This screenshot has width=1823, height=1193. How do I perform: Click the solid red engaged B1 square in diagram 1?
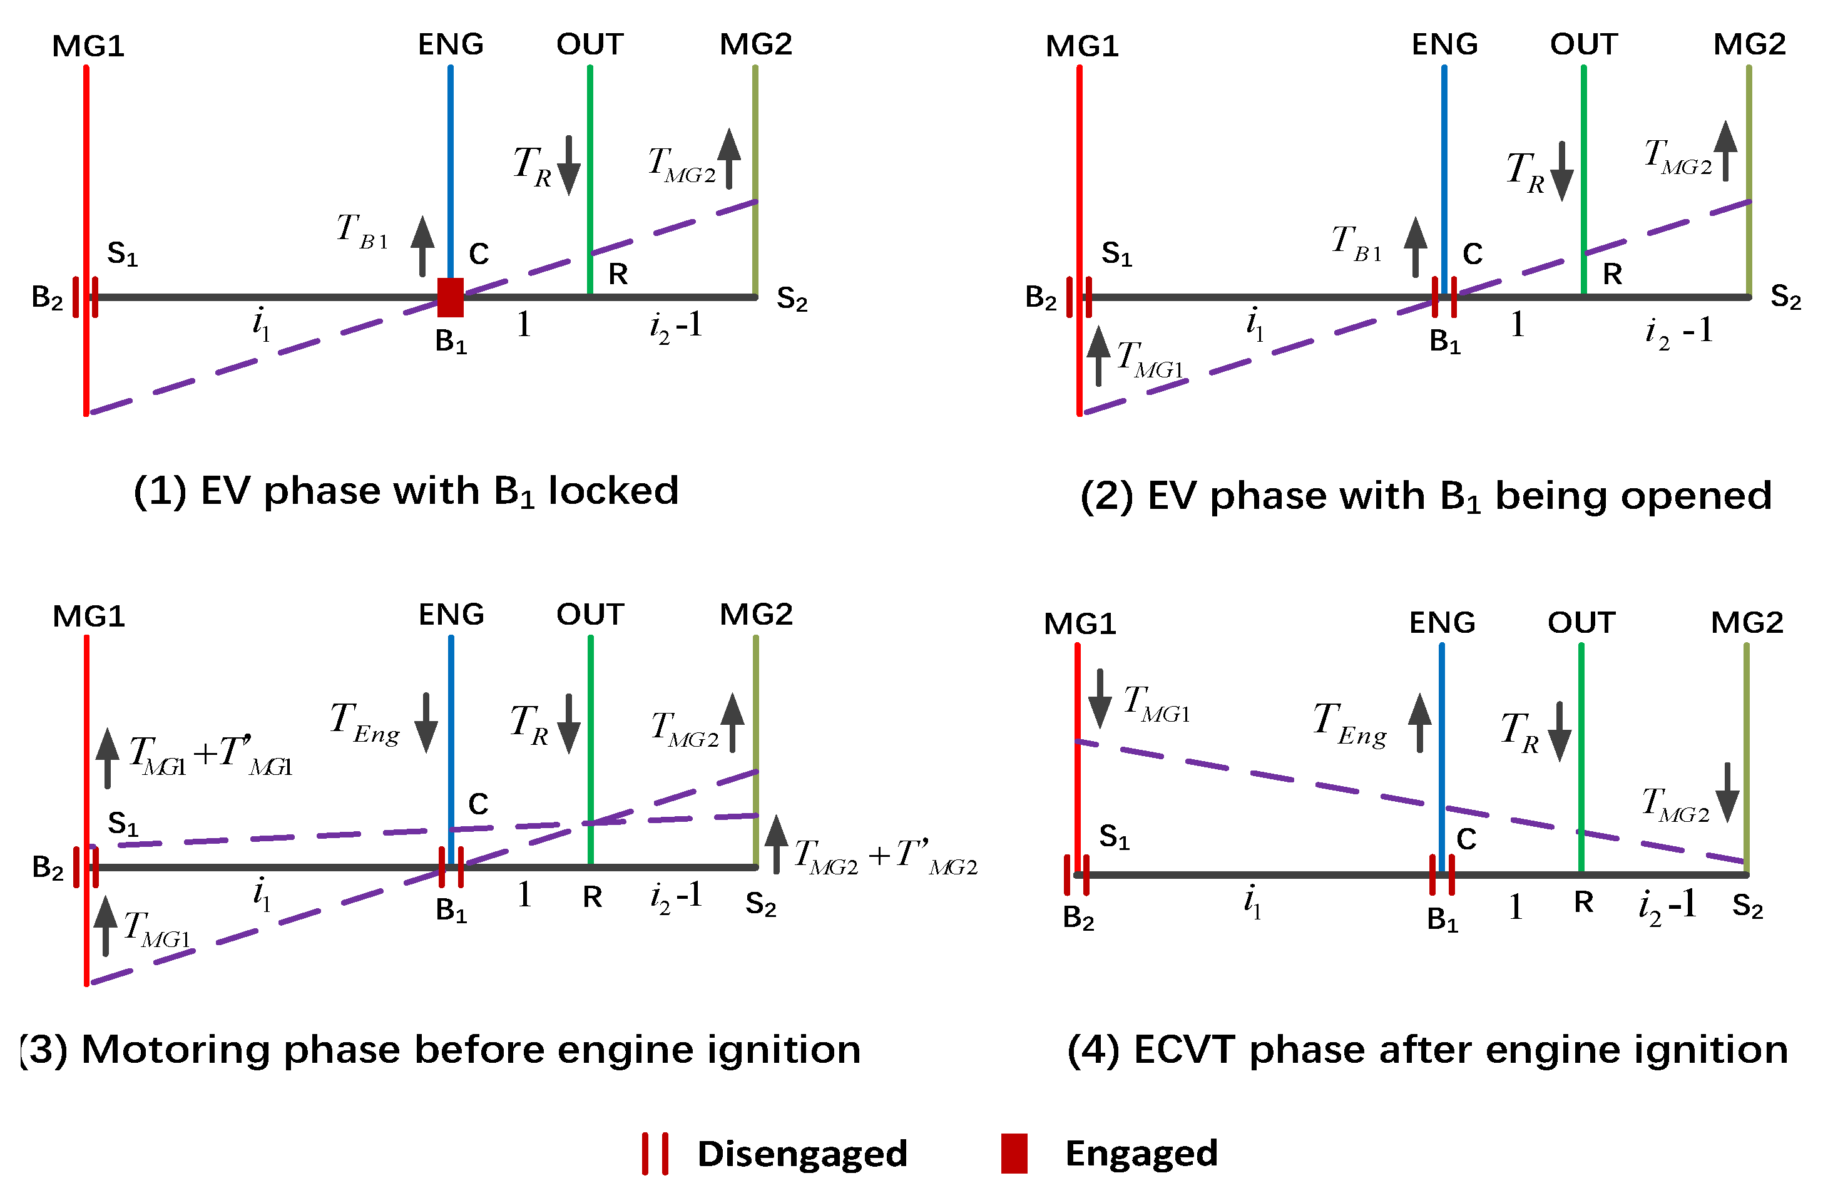[x=451, y=297]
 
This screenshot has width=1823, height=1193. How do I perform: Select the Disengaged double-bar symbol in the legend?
[x=655, y=1153]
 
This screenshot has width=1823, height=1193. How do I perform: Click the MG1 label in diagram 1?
[x=88, y=46]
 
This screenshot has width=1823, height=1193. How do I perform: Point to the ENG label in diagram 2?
[x=1444, y=44]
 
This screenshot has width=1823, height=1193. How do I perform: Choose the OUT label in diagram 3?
[x=590, y=615]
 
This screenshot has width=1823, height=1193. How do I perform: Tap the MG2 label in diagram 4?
[x=1747, y=622]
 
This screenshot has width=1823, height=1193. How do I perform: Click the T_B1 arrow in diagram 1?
[x=422, y=245]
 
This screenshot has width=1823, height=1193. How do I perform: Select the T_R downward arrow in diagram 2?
[x=1562, y=172]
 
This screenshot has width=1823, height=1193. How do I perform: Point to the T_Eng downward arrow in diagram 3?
[x=426, y=722]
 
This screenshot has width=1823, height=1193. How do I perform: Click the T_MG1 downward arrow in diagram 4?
[x=1100, y=697]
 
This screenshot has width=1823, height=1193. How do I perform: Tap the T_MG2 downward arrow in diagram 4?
[x=1727, y=792]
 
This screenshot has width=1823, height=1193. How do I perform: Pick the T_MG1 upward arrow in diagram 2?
[x=1098, y=356]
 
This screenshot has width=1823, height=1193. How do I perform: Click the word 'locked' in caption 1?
[x=613, y=490]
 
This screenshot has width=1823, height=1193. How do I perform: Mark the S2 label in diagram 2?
[x=1785, y=297]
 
